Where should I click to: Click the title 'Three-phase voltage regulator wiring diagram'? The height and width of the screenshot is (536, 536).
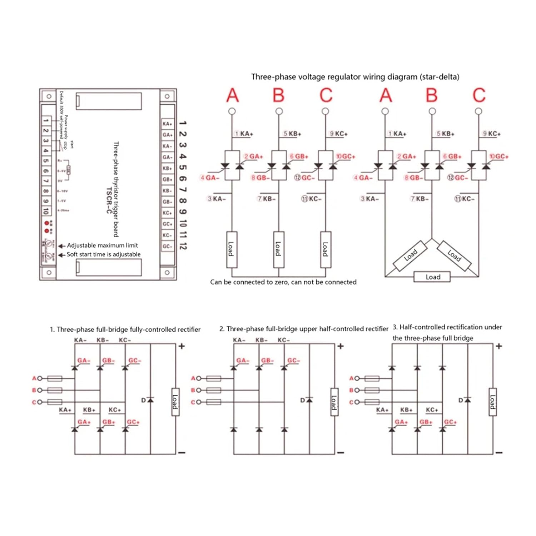pos(355,77)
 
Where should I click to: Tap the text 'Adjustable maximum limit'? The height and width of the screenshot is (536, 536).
pos(102,245)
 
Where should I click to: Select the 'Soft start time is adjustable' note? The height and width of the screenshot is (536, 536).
pos(103,254)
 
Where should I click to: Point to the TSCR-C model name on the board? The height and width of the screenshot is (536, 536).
pos(109,200)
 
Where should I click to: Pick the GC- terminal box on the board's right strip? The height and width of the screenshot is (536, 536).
pos(167,246)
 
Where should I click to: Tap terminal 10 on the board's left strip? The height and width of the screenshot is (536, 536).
pos(46,211)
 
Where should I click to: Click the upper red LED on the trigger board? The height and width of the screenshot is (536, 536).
pos(47,223)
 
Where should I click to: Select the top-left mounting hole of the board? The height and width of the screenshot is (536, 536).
pos(49,96)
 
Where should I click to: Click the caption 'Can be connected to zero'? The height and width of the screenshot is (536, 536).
pos(283,282)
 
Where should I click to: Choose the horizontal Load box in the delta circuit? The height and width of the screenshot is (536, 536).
pos(432,277)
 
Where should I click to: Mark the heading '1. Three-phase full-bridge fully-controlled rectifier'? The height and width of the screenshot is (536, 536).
pos(125,329)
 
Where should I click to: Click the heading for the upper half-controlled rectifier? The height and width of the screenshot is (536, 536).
pos(303,329)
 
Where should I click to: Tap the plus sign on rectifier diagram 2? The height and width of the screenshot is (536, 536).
pos(341,346)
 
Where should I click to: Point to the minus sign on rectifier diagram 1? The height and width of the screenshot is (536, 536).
pos(182,453)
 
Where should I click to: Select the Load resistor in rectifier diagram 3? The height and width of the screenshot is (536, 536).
pos(492,402)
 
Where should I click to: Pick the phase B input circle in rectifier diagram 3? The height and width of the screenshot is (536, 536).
pos(357,390)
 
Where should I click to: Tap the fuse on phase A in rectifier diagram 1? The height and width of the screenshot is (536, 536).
pos(55,378)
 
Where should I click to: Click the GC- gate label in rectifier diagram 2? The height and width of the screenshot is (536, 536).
pos(293,361)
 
